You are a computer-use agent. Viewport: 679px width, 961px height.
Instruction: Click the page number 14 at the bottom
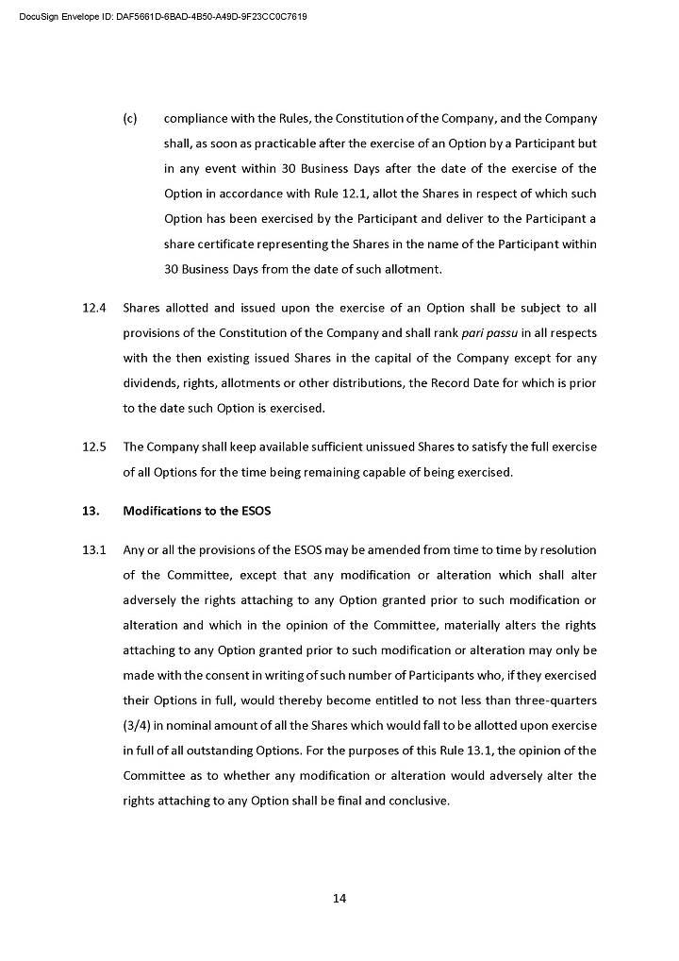[339, 898]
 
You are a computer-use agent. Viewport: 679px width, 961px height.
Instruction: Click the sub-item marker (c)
[130, 118]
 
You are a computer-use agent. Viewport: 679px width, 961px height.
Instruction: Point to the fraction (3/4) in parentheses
[140, 726]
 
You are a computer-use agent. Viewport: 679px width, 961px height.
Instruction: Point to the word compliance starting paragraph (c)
[199, 118]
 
